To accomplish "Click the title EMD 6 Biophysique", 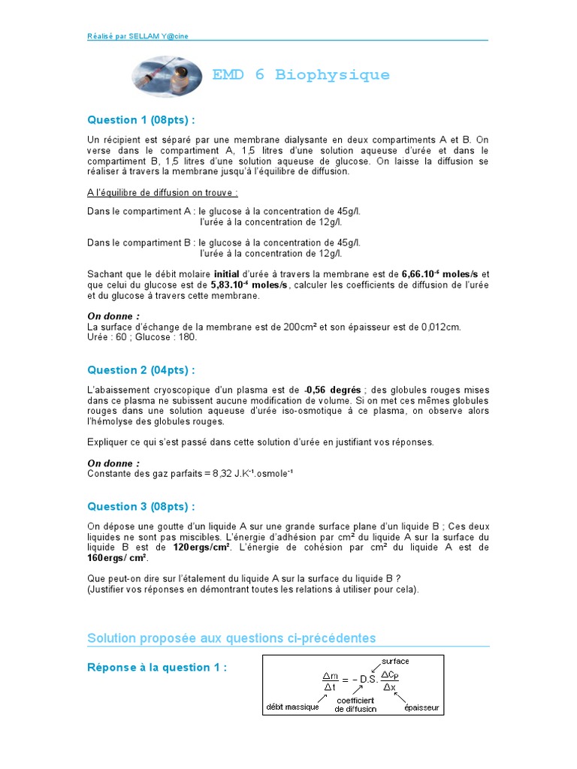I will [x=301, y=75].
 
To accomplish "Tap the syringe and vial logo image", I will [x=168, y=76].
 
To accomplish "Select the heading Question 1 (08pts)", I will [x=141, y=120].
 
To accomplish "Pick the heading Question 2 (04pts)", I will [x=141, y=369].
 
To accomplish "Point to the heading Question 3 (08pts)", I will [x=141, y=506].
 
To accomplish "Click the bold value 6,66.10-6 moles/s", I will [x=440, y=274].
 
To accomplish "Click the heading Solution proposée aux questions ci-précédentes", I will [x=231, y=638].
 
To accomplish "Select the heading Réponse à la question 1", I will [x=157, y=668].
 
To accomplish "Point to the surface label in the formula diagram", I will [x=395, y=661].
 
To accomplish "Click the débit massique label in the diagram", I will [x=292, y=707].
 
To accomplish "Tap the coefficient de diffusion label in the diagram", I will [x=356, y=704].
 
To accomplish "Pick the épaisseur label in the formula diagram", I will [x=422, y=707].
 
